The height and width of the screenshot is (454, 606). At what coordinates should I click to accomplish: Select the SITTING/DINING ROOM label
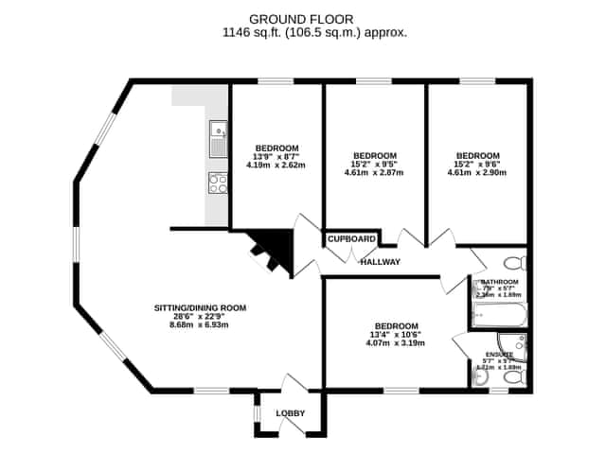point(201,307)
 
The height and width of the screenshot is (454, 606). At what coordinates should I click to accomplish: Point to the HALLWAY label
point(381,262)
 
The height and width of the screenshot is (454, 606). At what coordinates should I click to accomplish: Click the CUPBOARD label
point(352,239)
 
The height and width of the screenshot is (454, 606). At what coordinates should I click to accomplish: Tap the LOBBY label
point(290,413)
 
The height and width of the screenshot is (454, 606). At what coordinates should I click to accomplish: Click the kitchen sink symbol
point(219,139)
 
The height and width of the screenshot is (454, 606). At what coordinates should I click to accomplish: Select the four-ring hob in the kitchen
point(218,183)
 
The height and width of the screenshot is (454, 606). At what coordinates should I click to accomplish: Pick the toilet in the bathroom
point(514,262)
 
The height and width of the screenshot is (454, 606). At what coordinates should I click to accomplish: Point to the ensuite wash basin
point(480,376)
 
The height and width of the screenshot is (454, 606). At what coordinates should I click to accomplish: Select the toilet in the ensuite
point(514,377)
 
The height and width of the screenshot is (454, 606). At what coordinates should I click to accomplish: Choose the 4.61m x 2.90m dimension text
point(477,173)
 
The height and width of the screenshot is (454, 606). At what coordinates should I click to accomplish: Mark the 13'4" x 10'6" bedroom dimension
point(396,334)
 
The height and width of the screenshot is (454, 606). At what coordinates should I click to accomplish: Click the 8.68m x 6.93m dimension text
point(201,324)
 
